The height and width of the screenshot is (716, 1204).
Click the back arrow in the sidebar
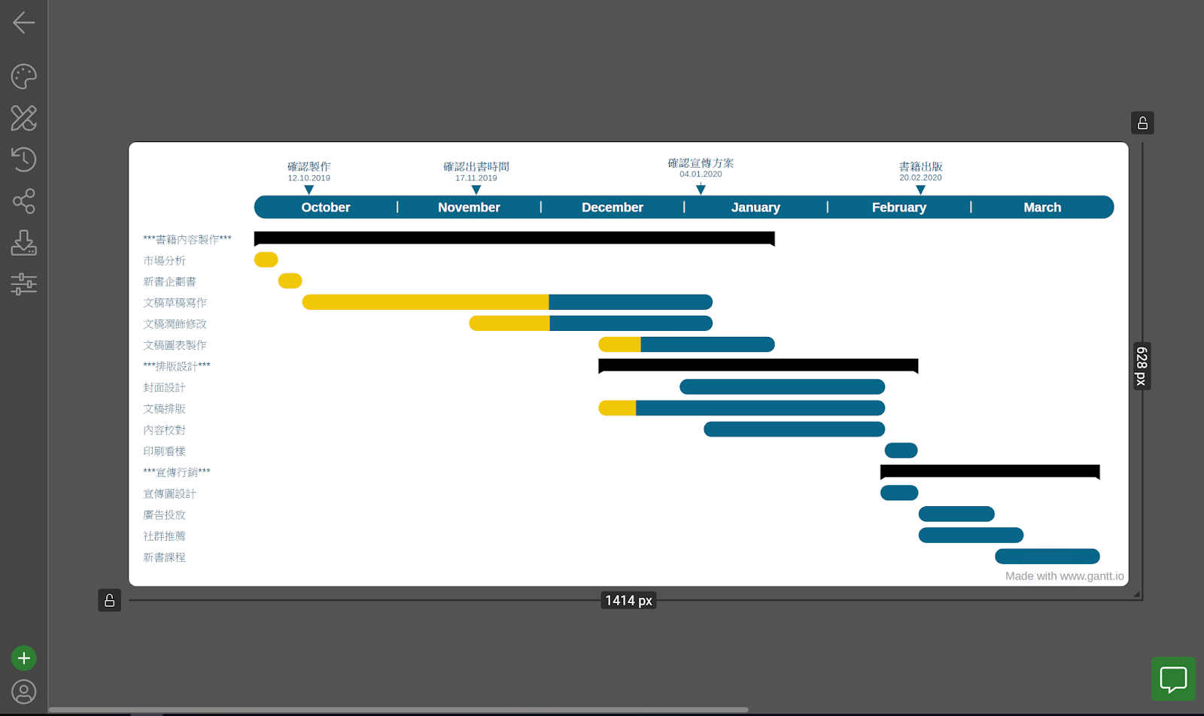(23, 23)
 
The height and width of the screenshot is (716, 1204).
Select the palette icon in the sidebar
(23, 76)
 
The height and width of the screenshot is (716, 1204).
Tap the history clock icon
(23, 159)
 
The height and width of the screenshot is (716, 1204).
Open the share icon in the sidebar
(23, 201)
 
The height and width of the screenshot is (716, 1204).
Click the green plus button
(23, 658)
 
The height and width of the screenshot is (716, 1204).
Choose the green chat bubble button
(1172, 679)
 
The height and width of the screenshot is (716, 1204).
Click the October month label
(325, 208)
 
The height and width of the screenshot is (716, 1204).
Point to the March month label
(1041, 208)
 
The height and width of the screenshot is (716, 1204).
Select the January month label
(755, 208)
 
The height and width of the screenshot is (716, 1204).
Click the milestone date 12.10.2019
(309, 178)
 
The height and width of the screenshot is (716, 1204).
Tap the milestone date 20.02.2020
(920, 178)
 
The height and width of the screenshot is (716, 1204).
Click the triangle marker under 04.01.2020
(701, 190)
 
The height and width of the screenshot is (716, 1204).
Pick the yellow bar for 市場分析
(266, 260)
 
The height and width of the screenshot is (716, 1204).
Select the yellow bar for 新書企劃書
(290, 281)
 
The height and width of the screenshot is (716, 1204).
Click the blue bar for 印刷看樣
(901, 451)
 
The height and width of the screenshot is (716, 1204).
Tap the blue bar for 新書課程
(1047, 557)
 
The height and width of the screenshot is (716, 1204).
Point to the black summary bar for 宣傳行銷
(990, 472)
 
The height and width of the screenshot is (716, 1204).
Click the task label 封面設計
(164, 387)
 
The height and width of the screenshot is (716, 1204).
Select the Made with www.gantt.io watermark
(1064, 576)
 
